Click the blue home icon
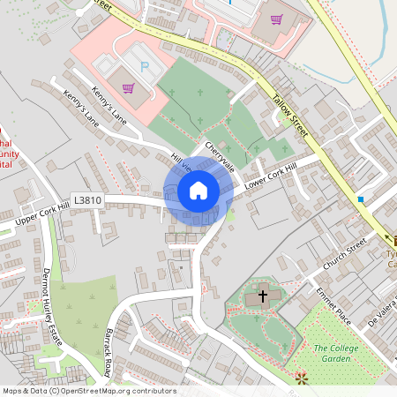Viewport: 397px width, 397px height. click(198, 191)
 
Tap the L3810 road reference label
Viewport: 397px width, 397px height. click(88, 200)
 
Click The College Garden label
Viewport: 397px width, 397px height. click(341, 354)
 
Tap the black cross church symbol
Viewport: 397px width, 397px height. click(263, 297)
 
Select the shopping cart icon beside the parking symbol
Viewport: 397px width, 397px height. click(129, 87)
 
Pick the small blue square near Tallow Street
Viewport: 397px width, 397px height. click(361, 200)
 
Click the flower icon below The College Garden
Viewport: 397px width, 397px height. click(301, 378)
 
